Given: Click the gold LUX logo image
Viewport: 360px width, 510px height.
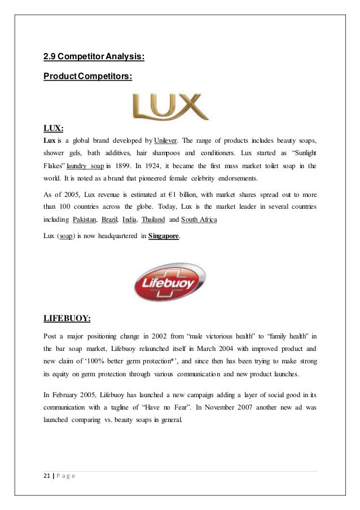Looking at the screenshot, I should pyautogui.click(x=170, y=106).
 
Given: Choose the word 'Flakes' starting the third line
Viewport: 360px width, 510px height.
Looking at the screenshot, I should pyautogui.click(x=54, y=166).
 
